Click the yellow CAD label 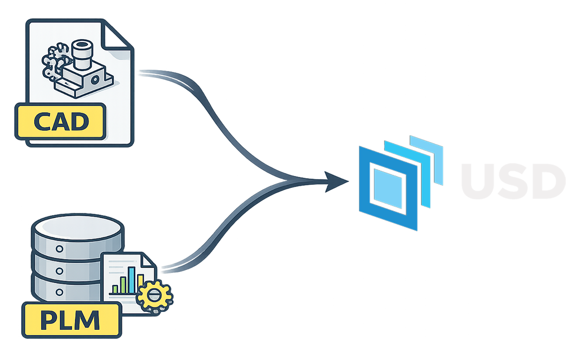point(60,121)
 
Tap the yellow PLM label point(71,320)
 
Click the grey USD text point(513,181)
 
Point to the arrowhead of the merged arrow point(336,181)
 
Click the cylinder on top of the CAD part point(82,54)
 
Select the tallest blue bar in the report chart point(131,280)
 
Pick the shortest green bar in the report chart point(115,289)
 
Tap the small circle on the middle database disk point(59,271)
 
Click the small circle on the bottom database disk point(59,292)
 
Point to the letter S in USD point(512,181)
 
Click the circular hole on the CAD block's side point(96,80)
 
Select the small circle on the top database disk point(59,249)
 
